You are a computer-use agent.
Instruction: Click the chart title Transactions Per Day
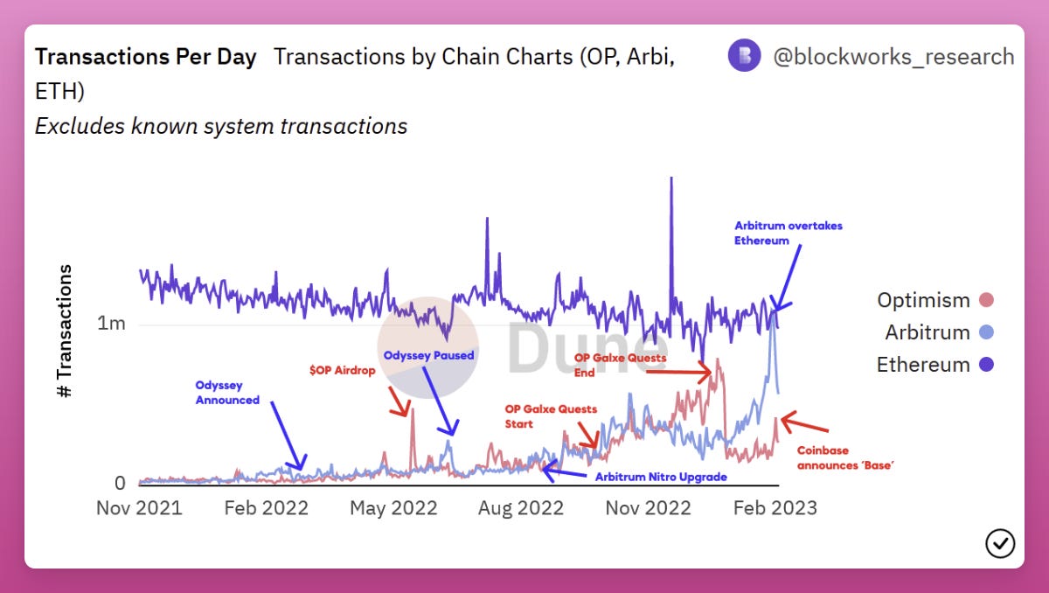coord(145,58)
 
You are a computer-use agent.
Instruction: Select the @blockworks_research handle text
coord(893,57)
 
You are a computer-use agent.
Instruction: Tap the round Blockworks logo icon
coord(745,57)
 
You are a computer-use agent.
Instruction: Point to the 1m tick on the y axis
coord(112,324)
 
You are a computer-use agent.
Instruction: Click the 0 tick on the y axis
coord(120,483)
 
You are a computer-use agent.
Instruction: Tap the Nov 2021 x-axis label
coord(139,508)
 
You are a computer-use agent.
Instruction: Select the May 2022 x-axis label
coord(393,508)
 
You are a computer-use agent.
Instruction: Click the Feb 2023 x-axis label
coord(774,508)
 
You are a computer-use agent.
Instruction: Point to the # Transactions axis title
coord(65,332)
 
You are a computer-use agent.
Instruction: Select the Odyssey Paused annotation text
coord(428,355)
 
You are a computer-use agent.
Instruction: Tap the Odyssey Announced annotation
coord(227,393)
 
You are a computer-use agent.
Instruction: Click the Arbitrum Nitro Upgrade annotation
coord(661,477)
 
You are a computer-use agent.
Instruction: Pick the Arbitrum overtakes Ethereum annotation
coord(788,233)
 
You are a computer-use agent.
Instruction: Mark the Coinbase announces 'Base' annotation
coord(845,457)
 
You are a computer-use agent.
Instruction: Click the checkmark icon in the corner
coord(1000,543)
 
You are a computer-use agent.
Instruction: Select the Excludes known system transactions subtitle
coord(221,126)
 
